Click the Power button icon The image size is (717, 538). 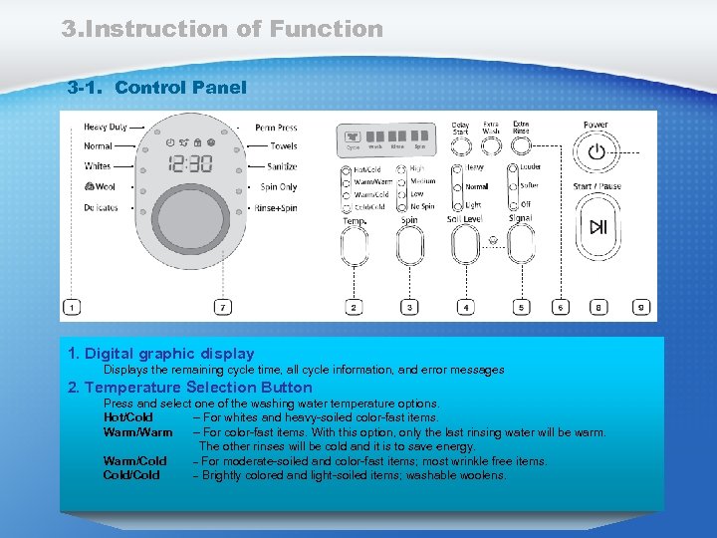[596, 152]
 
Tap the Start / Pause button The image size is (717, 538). [597, 227]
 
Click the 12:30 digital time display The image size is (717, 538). [189, 163]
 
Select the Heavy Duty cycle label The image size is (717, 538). [105, 128]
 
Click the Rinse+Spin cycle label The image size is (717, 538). [276, 208]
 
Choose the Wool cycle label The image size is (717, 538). [100, 186]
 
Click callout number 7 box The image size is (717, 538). [224, 308]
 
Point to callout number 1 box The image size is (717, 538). [72, 308]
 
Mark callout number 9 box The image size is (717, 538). [642, 308]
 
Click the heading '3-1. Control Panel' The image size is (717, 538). [156, 88]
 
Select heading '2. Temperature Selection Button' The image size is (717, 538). [189, 388]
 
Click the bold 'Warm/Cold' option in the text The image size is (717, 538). [134, 461]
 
